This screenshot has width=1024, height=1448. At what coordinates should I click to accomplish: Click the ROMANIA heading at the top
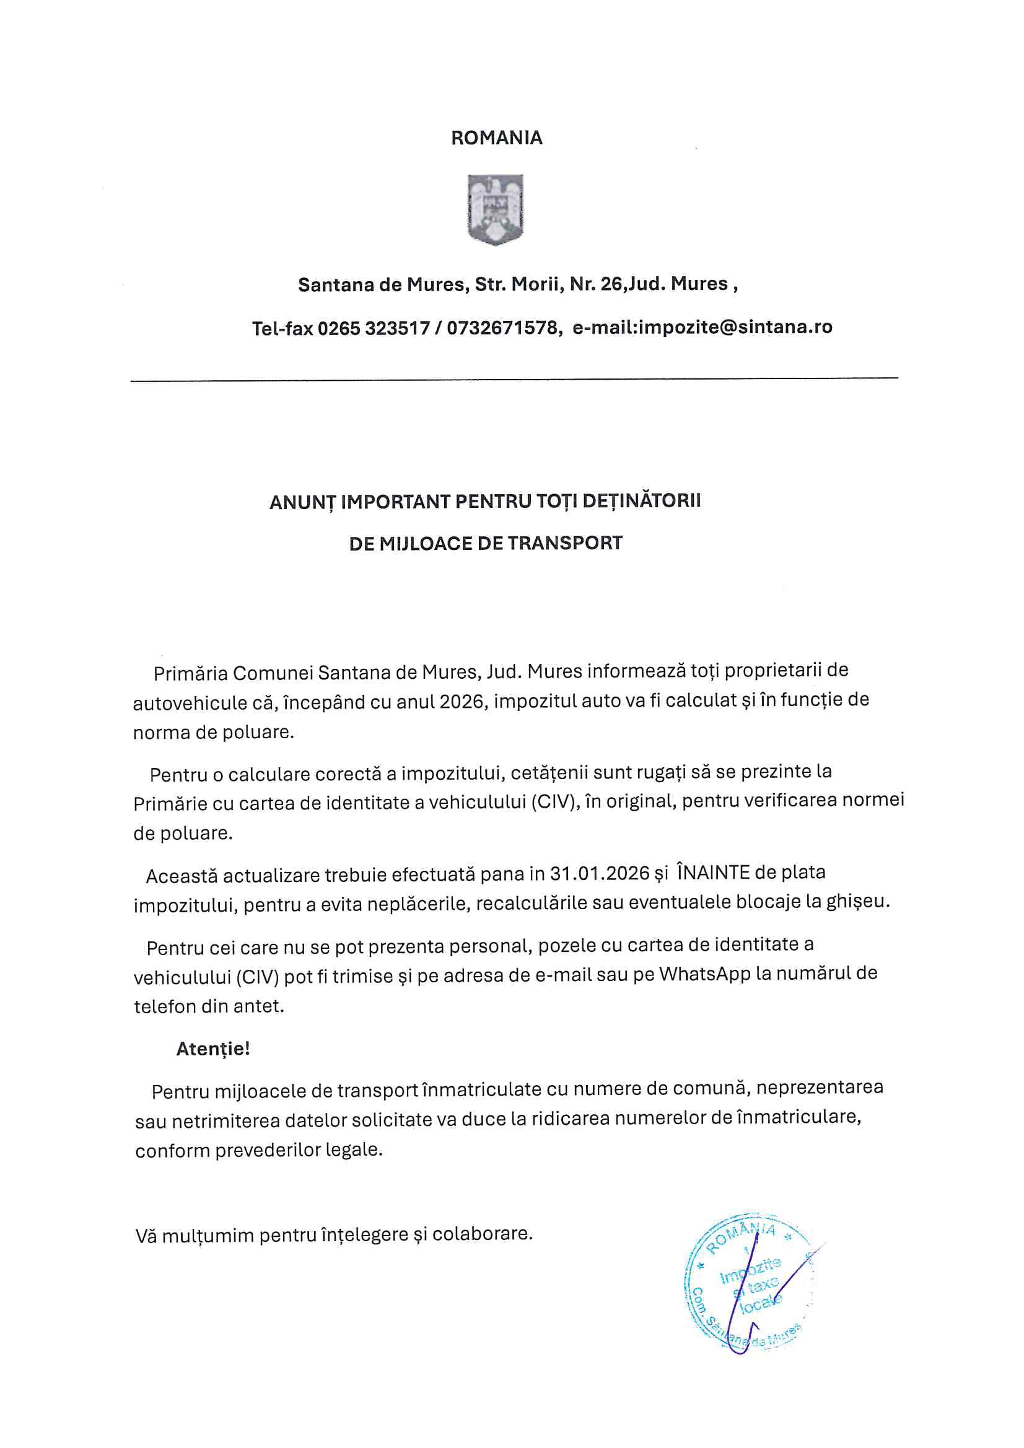(496, 138)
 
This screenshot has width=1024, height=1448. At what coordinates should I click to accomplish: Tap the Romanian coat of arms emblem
(496, 209)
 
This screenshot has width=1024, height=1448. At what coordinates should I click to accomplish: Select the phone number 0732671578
(503, 328)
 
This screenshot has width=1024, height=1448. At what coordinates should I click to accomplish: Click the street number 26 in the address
(611, 284)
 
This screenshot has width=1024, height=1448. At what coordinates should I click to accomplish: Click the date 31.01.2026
(600, 873)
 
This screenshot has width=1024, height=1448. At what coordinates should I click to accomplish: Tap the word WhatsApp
(705, 974)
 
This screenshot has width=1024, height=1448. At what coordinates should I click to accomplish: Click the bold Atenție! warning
(212, 1049)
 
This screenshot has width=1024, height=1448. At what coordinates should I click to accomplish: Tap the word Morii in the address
(536, 284)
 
